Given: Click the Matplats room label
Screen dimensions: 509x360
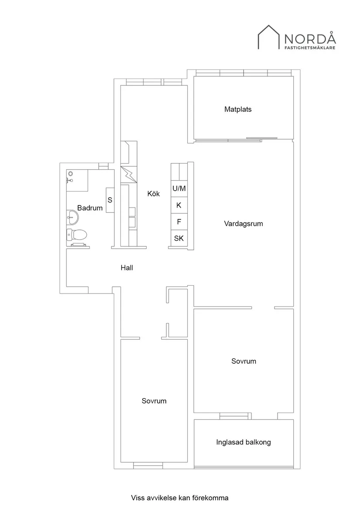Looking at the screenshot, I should click(238, 109).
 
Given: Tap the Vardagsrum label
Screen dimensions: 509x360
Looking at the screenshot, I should click(243, 224).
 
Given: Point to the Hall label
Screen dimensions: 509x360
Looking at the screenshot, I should click(127, 268).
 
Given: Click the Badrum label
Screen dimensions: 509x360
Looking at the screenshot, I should click(90, 208).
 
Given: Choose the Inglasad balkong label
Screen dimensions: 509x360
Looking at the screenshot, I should click(243, 442).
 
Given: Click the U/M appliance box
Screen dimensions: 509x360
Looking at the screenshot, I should click(179, 189).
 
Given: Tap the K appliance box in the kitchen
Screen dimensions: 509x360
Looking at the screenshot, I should click(179, 205).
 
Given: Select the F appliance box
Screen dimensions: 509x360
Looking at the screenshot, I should click(179, 222).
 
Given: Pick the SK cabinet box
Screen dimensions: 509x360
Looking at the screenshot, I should click(179, 238).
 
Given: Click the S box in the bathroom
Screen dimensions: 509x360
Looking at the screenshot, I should click(110, 200).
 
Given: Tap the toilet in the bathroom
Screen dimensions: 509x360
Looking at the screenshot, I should click(77, 235).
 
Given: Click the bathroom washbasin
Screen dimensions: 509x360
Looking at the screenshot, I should click(72, 216).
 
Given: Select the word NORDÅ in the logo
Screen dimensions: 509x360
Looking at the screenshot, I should click(310, 38).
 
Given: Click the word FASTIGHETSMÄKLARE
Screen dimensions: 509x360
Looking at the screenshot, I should click(310, 48).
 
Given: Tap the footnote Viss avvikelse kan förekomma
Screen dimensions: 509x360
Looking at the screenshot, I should click(180, 497).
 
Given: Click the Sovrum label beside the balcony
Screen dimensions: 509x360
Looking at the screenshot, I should click(243, 361).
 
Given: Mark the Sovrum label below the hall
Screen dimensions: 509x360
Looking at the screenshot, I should click(154, 401).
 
